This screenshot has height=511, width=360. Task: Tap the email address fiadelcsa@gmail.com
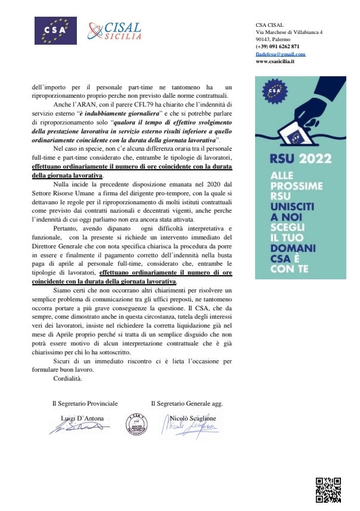[276, 54]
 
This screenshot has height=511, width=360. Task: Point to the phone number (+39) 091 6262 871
[277, 46]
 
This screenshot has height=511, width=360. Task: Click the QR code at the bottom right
[328, 490]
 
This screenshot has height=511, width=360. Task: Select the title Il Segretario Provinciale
[85, 403]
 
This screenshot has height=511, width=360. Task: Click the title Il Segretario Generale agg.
[187, 403]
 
